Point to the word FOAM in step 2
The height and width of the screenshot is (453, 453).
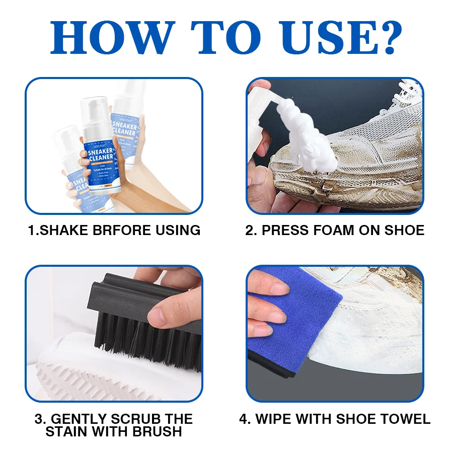pos(331,231)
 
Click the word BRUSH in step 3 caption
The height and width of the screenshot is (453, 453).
pos(158,431)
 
